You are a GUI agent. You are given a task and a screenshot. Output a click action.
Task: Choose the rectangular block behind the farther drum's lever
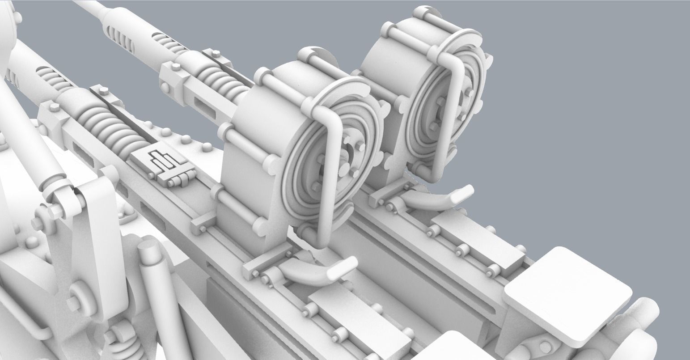pos(478,241)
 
